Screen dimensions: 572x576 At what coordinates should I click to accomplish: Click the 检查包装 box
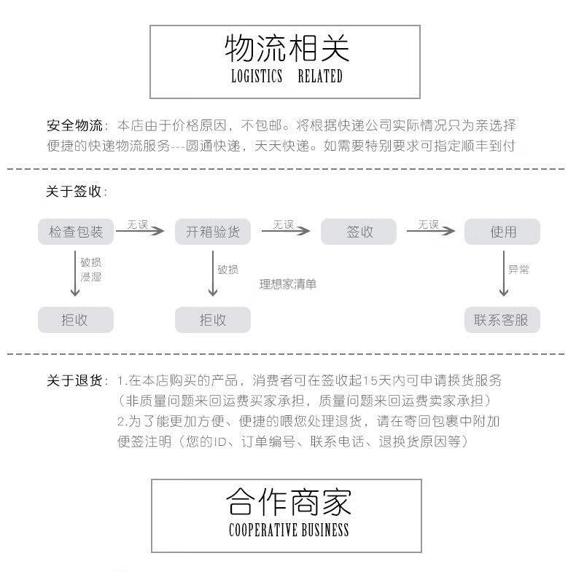tap(76, 232)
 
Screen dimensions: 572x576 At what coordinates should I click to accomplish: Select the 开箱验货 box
tap(213, 232)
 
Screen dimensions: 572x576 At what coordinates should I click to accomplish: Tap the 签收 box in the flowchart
tap(360, 232)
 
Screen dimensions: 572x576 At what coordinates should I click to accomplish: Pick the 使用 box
tap(503, 232)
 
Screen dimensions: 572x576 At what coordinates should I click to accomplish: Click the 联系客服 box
tap(502, 320)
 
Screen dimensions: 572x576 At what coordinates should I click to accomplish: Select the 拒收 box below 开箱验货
tap(213, 320)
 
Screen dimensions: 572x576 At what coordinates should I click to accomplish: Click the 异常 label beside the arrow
tap(518, 270)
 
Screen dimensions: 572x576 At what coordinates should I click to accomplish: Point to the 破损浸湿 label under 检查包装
tap(91, 270)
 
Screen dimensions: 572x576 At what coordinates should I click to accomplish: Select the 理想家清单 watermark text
tap(288, 285)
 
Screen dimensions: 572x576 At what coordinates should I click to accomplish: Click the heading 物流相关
tap(287, 48)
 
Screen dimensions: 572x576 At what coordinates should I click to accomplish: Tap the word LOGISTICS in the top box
tap(257, 77)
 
